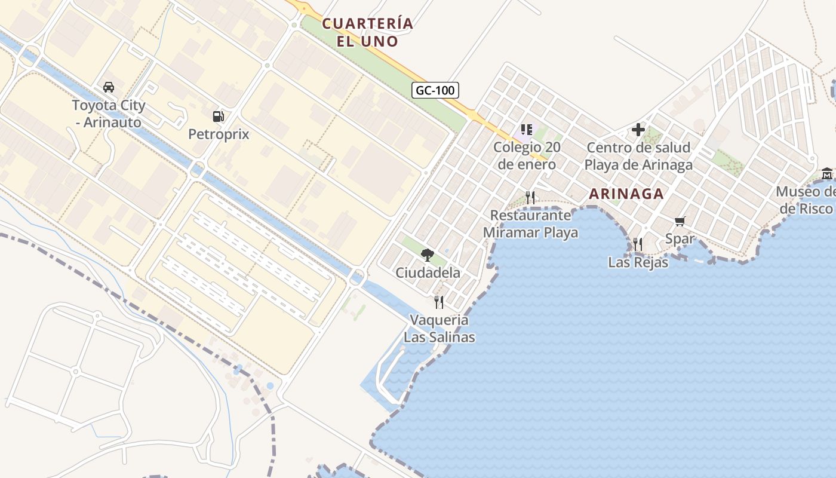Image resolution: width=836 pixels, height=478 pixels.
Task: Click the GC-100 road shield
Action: pos(435,91)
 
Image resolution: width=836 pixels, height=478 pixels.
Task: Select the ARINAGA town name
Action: pos(626,194)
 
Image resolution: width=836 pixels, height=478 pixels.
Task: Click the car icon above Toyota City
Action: pos(109,87)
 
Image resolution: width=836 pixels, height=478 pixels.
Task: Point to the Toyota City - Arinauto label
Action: pos(108,114)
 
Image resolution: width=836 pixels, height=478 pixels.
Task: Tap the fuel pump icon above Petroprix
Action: pos(219,116)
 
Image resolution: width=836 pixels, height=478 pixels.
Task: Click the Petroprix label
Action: pos(219,134)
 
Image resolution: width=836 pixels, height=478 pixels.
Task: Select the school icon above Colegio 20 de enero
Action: pos(526,129)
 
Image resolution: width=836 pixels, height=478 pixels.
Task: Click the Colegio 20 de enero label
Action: pos(525,156)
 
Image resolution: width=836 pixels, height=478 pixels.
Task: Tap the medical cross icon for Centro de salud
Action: pos(638,129)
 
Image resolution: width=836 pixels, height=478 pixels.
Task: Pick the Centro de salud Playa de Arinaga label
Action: pos(638,156)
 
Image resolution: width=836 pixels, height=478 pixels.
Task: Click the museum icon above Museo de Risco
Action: pos(827,174)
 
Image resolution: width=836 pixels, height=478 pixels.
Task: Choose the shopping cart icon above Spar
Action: pos(680,222)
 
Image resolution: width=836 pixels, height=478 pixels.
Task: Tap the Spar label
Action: pos(680,239)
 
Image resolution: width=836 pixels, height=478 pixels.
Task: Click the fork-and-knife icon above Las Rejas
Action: pos(638,244)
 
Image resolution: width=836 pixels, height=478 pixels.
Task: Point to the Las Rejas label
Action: pos(638,262)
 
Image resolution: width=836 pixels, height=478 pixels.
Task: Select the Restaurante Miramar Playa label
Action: pos(530,223)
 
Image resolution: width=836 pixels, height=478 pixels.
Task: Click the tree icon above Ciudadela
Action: pos(428,255)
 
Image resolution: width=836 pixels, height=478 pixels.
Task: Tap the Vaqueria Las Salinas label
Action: pos(439,329)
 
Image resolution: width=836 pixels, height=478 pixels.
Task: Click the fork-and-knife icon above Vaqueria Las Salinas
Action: pos(439,302)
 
